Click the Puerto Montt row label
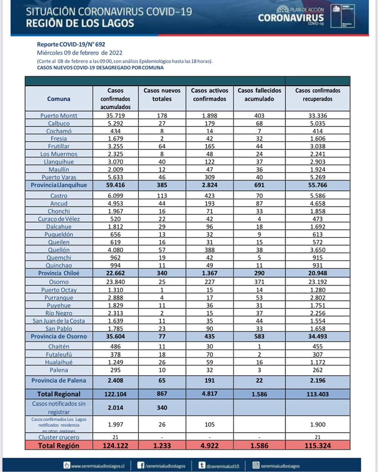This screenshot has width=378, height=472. point(59,116)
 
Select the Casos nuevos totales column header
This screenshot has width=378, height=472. point(162,94)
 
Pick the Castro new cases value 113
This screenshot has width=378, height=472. point(162,196)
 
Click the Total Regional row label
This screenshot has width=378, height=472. point(59,394)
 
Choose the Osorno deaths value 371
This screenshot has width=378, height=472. point(259,282)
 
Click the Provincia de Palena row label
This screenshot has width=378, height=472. point(59,381)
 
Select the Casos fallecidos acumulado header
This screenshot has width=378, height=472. point(259,94)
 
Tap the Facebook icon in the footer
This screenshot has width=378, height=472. point(140,465)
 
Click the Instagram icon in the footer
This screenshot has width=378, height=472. point(255,465)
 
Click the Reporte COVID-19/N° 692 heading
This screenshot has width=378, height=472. point(71,44)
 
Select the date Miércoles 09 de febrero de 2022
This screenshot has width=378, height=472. point(80,53)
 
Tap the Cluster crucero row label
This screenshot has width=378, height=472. point(59,437)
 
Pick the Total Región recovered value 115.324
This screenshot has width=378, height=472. point(318,445)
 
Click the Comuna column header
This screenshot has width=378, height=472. point(59,99)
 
